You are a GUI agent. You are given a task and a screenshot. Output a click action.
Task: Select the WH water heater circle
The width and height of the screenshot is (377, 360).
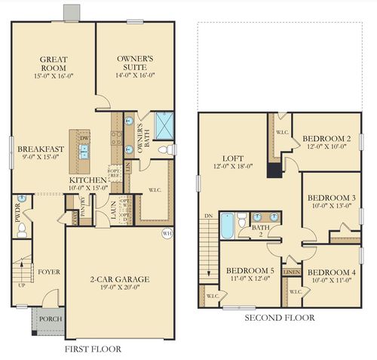(166, 233)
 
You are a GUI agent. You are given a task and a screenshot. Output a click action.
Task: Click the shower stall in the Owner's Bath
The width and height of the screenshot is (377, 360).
(164, 123)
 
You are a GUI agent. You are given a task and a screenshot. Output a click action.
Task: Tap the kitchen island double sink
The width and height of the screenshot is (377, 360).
(84, 150)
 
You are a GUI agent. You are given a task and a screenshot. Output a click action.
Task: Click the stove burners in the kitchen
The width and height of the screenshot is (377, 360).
(117, 137)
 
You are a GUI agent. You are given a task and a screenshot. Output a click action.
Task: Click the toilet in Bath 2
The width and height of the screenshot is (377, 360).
(241, 221)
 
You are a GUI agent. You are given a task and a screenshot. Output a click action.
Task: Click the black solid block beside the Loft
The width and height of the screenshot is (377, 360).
(274, 169)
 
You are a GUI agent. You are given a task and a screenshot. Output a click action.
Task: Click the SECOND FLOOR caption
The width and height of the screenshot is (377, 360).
(279, 318)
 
